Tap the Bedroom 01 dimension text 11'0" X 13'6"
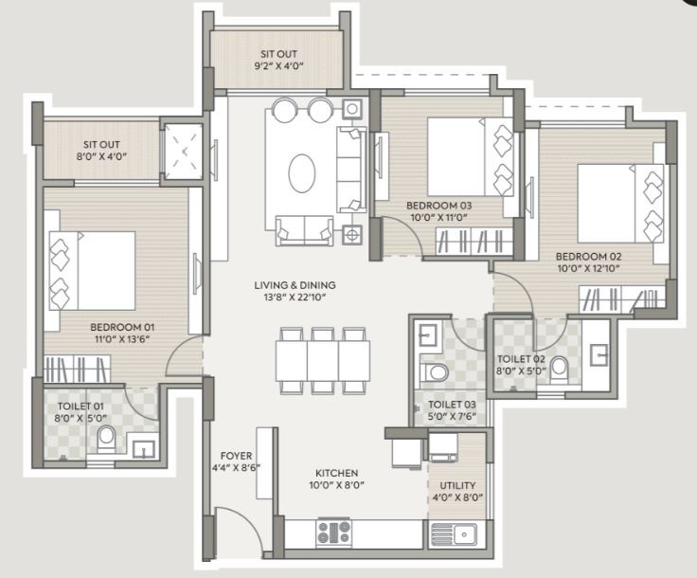(x=122, y=339)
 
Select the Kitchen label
(x=336, y=473)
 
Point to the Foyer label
(x=236, y=456)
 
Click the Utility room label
(x=457, y=485)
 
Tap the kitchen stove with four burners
(x=333, y=533)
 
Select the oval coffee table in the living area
(x=302, y=173)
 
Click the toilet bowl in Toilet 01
(x=106, y=439)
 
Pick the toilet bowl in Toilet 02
(x=559, y=370)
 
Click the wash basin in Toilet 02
(x=599, y=354)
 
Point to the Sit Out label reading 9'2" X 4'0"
(x=278, y=61)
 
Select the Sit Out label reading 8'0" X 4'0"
(x=101, y=151)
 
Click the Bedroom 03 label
(x=438, y=206)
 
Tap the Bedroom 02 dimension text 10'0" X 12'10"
(x=588, y=268)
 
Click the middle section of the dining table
(x=323, y=361)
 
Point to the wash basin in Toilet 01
(x=144, y=449)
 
